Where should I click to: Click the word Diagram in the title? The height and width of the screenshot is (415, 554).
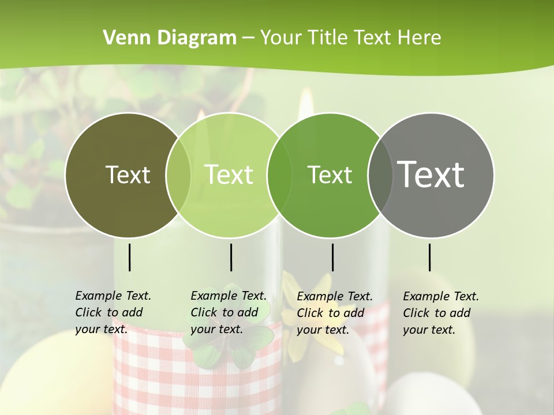click(x=197, y=37)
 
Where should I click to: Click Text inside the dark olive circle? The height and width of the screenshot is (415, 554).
click(x=128, y=175)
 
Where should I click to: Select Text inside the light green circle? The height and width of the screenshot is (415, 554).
click(x=229, y=175)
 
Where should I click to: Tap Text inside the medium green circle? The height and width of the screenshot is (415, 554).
click(x=330, y=175)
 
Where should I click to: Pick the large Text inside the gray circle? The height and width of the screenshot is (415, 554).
click(x=431, y=174)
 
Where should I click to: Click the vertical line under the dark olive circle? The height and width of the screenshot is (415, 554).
click(x=129, y=257)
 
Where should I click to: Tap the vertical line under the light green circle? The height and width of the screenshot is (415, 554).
click(x=231, y=257)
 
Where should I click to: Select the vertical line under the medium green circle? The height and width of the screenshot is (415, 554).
click(x=332, y=257)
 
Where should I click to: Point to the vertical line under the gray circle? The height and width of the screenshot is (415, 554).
click(x=429, y=257)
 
